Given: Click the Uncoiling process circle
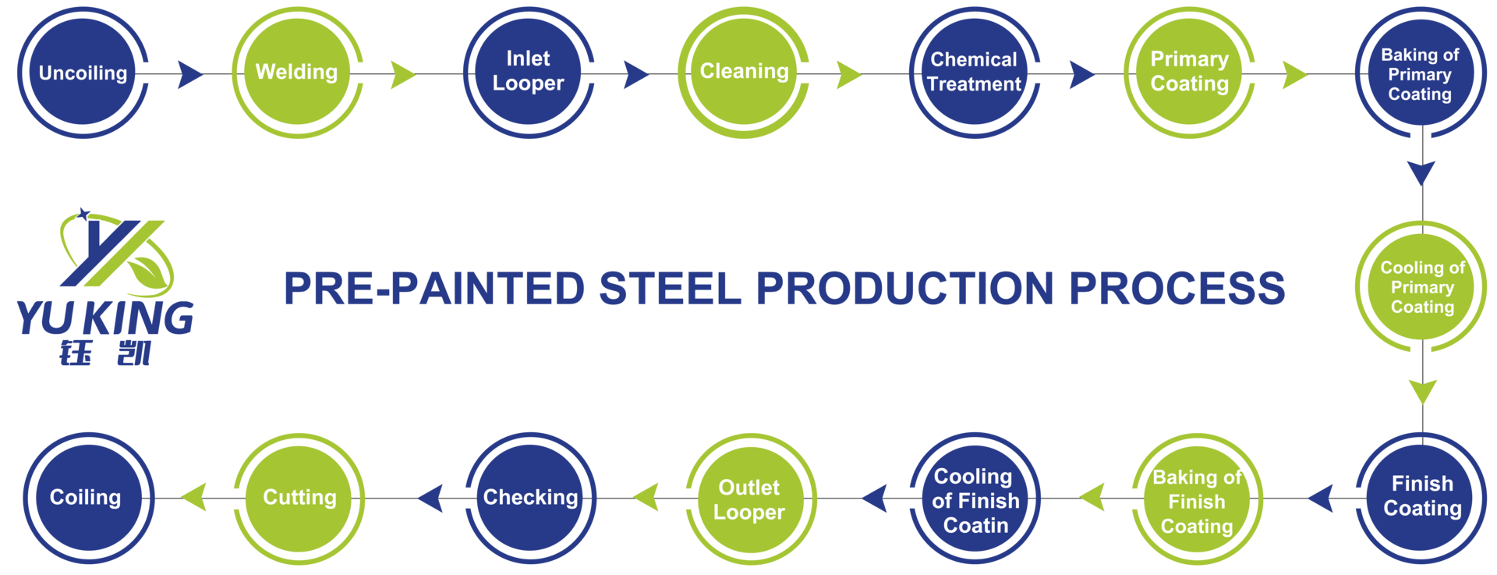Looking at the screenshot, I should pyautogui.click(x=83, y=73).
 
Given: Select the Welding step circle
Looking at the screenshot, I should pyautogui.click(x=297, y=73).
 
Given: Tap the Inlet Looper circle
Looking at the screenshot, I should pyautogui.click(x=529, y=73).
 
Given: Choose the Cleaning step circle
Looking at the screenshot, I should pyautogui.click(x=744, y=73).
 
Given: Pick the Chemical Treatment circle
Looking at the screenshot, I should pyautogui.click(x=975, y=73).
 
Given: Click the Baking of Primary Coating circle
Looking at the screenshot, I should pyautogui.click(x=1421, y=73).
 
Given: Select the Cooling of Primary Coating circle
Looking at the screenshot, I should pyautogui.click(x=1422, y=287).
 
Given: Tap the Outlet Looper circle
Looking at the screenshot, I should pyautogui.click(x=750, y=499).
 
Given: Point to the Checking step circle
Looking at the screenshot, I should pyautogui.click(x=530, y=498).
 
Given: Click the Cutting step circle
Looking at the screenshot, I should pyautogui.click(x=299, y=498).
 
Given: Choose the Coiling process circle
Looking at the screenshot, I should pyautogui.click(x=86, y=498).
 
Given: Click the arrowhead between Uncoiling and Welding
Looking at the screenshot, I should pyautogui.click(x=189, y=74).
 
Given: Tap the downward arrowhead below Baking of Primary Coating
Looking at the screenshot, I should pyautogui.click(x=1422, y=172).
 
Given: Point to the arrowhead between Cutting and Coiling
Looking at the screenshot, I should pyautogui.click(x=195, y=497).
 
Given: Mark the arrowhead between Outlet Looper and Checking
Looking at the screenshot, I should pyautogui.click(x=646, y=497).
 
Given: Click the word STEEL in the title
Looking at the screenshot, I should pyautogui.click(x=670, y=289).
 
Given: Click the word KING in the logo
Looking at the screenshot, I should pyautogui.click(x=139, y=318).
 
